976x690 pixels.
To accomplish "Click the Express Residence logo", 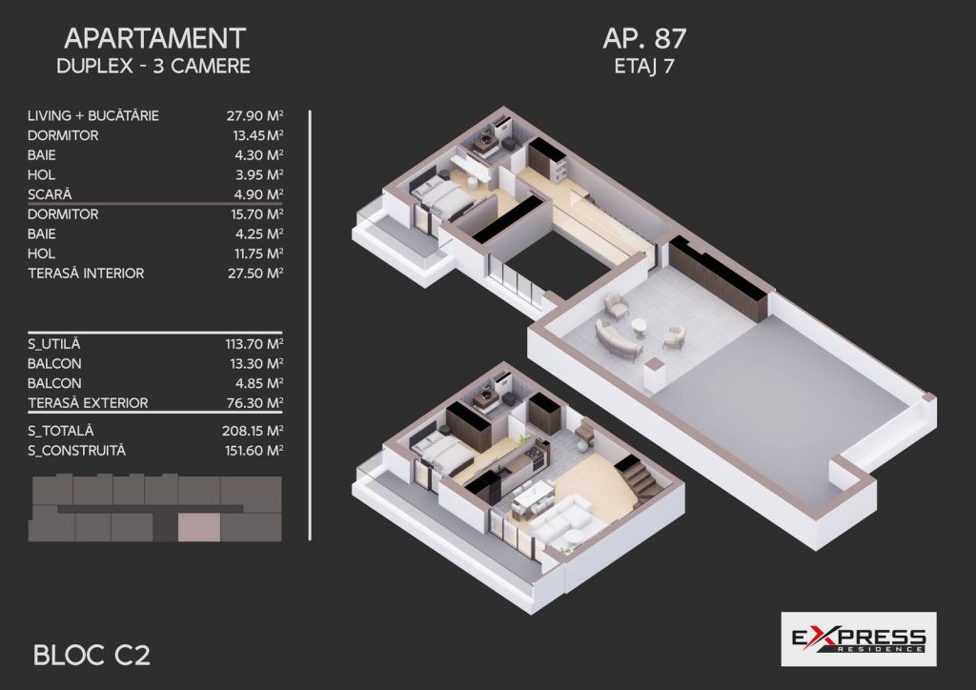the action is click(x=859, y=639).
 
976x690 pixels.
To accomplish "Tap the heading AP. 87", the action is click(x=644, y=38).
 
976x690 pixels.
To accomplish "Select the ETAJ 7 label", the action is click(x=644, y=66).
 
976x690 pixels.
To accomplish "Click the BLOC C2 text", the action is click(x=91, y=655).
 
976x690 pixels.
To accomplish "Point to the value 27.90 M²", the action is click(x=255, y=115).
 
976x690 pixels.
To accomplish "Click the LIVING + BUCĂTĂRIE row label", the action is click(x=93, y=115).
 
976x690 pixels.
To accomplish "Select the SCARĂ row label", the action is click(x=50, y=194).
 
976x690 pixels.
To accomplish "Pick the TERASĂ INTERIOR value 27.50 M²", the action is click(x=255, y=274).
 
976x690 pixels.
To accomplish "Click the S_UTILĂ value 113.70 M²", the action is click(x=254, y=344).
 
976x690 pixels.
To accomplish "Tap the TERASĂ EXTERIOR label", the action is click(x=88, y=403).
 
